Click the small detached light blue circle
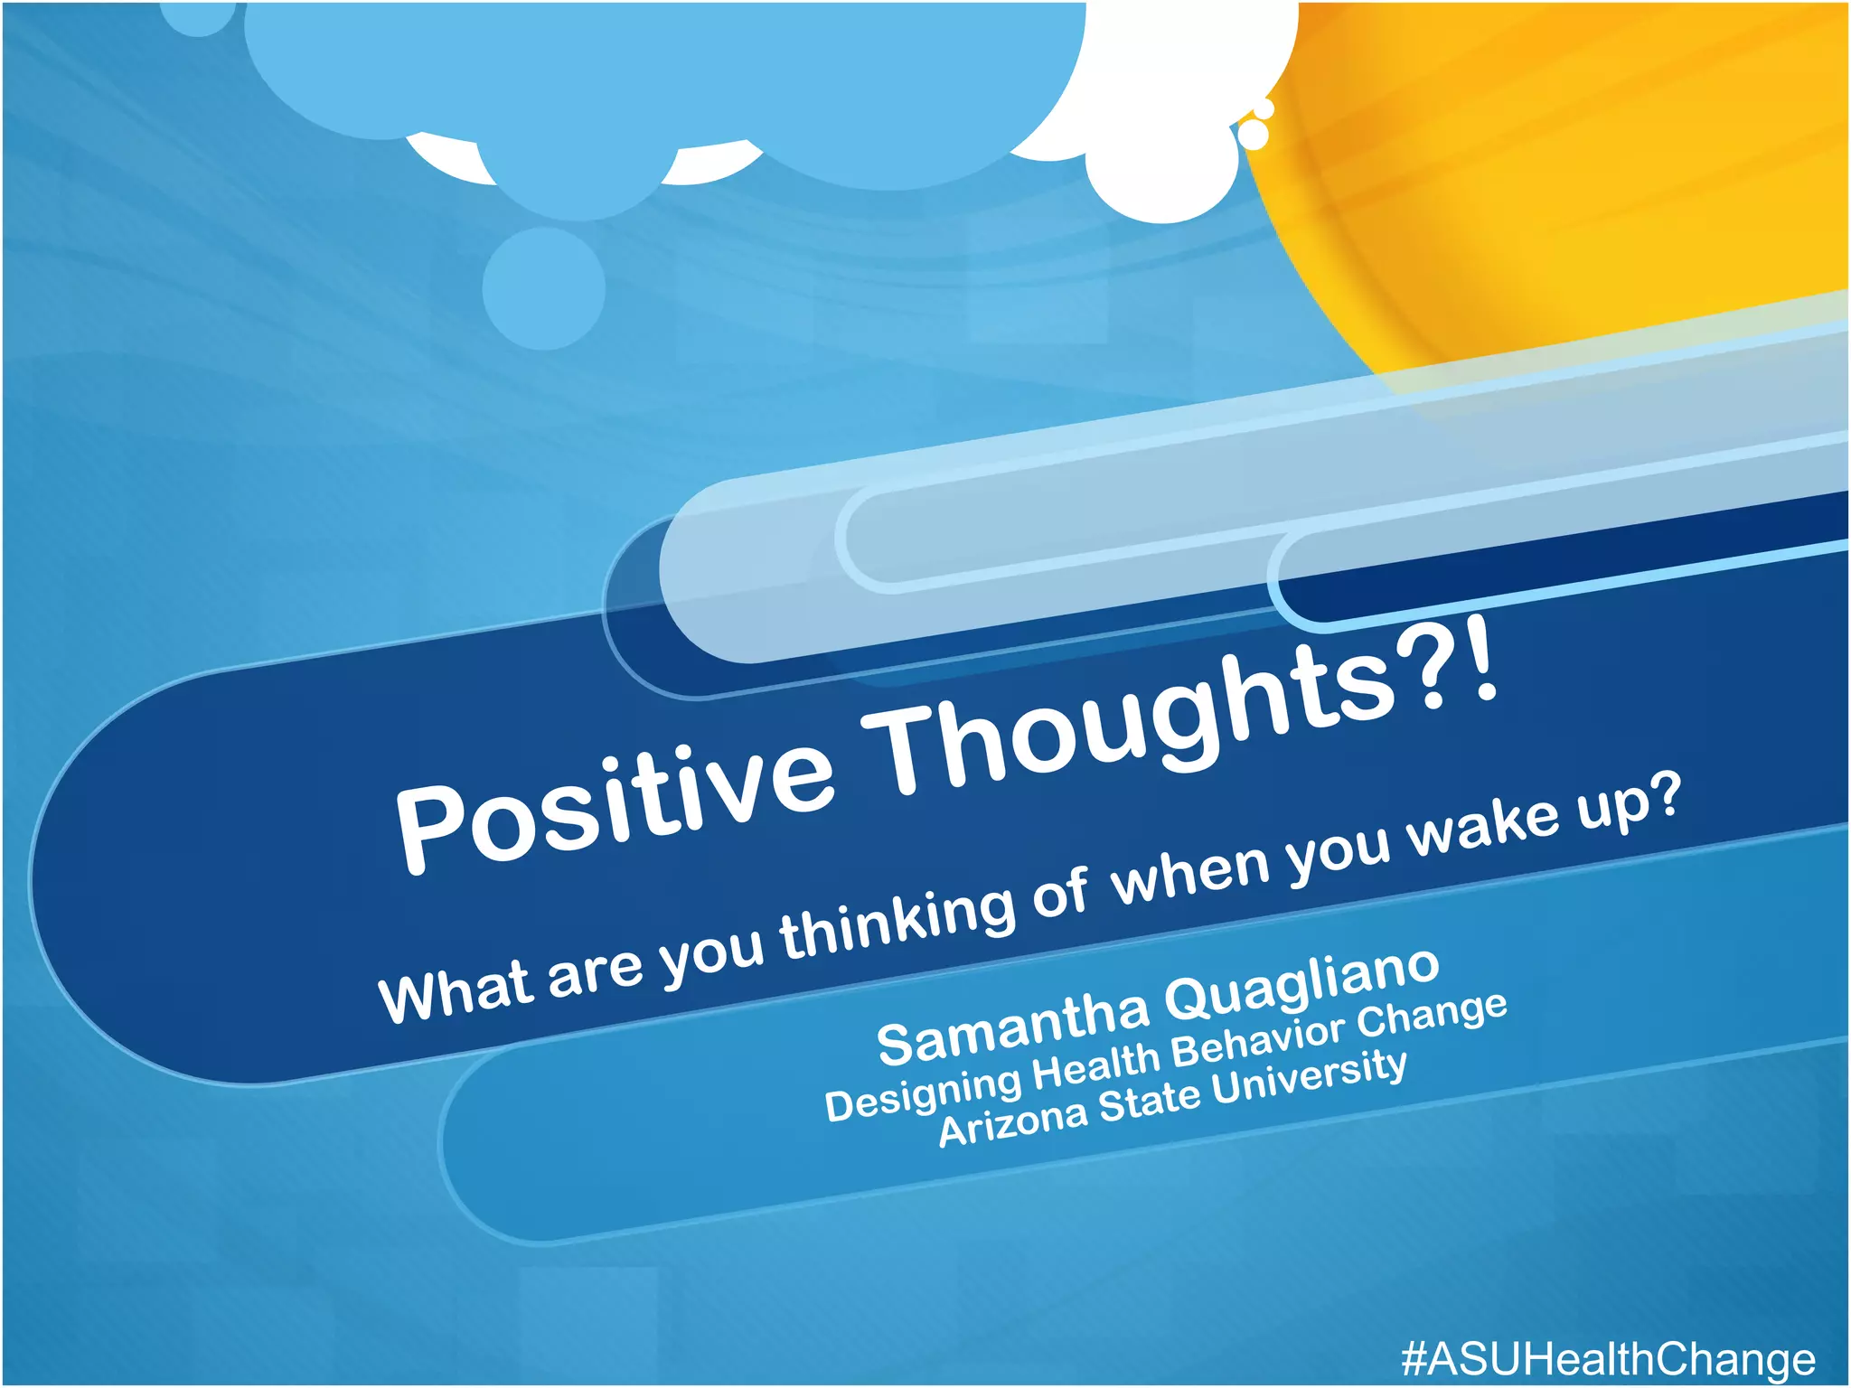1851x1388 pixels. pos(543,287)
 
